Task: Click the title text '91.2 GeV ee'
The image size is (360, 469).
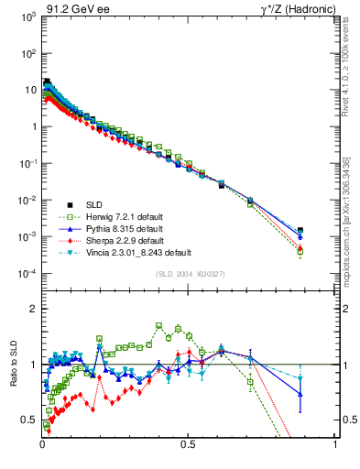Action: click(x=74, y=8)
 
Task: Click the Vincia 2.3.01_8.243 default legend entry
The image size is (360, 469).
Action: click(x=136, y=252)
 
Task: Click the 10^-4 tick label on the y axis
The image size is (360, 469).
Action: click(x=27, y=274)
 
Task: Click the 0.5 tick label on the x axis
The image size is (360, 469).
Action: click(x=188, y=445)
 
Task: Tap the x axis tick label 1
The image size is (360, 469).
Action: click(x=334, y=445)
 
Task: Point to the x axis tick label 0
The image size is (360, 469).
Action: click(x=42, y=445)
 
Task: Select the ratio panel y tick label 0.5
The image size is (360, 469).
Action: click(x=30, y=420)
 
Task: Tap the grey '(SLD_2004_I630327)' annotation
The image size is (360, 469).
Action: click(x=190, y=275)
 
